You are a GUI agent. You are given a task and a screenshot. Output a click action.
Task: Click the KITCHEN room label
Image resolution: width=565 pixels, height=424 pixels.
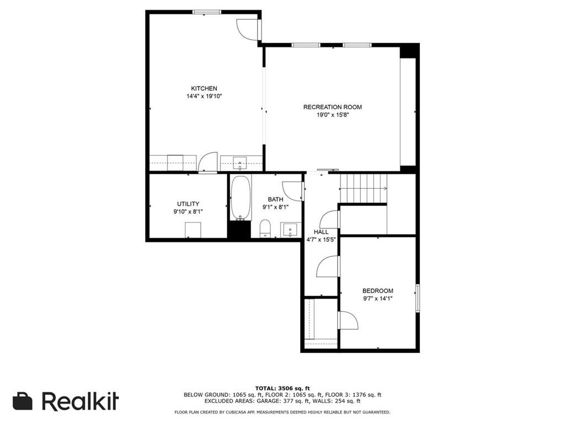(204, 88)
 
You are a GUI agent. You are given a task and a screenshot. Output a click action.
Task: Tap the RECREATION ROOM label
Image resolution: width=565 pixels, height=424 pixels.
(332, 107)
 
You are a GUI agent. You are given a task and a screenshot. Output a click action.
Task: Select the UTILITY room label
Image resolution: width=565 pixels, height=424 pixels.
(188, 204)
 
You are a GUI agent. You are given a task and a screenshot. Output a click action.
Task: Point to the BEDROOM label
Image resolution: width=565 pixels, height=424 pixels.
(377, 290)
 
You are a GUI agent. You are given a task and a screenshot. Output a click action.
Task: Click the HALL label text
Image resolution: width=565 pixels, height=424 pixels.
(321, 232)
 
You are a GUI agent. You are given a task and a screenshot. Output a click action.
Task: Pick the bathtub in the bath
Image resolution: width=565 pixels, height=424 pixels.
(241, 198)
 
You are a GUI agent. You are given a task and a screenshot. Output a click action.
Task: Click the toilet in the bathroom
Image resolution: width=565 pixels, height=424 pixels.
(265, 229)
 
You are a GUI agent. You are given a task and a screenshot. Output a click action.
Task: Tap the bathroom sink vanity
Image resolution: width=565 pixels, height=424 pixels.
(290, 230)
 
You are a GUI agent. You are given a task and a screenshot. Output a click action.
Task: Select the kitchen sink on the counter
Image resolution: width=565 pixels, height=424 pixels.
(240, 163)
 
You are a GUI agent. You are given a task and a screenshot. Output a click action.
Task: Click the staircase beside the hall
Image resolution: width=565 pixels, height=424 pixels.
(364, 188)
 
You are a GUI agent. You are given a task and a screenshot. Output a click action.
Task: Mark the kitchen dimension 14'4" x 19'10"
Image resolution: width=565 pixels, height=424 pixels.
(204, 96)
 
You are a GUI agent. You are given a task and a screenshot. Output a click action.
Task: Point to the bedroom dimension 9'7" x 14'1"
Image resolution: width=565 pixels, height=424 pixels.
(377, 299)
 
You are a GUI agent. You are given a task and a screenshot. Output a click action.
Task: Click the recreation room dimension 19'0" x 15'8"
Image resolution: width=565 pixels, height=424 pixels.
(332, 115)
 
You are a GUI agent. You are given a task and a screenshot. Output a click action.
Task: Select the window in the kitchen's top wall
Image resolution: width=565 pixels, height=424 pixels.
(206, 12)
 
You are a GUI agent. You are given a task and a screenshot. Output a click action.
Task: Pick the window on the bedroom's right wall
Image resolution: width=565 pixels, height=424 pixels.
(418, 298)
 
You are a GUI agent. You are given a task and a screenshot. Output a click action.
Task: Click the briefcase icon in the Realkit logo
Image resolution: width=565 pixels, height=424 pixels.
(22, 401)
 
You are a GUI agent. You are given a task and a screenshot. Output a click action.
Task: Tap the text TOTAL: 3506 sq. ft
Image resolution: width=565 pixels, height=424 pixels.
(282, 388)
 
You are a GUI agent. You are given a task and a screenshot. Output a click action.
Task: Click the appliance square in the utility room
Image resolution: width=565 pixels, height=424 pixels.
(193, 230)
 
